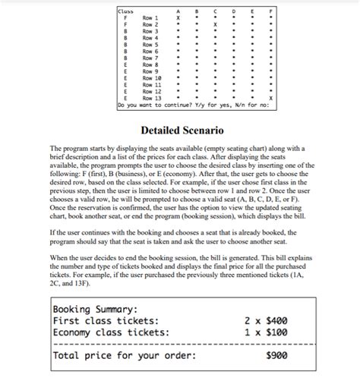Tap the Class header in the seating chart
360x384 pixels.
(125, 11)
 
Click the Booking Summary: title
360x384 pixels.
(94, 310)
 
